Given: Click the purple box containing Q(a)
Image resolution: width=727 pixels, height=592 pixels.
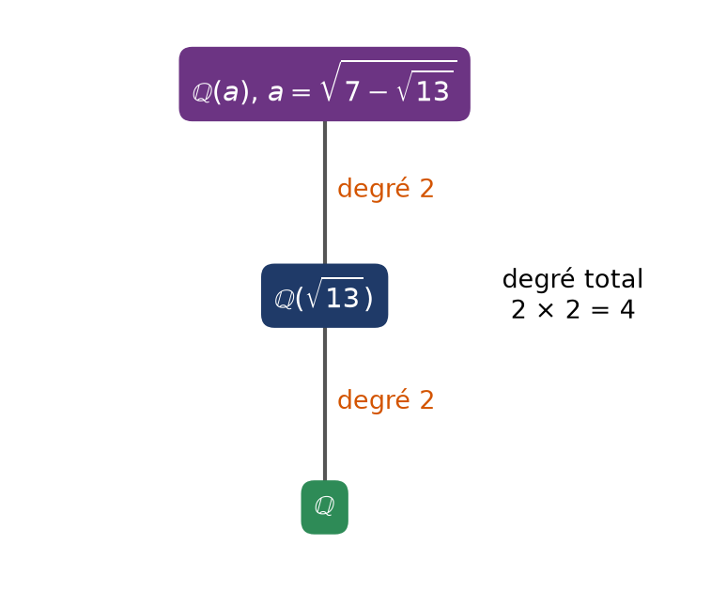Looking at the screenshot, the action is click(x=325, y=84).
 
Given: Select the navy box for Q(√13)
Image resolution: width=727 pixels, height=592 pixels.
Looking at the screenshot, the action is click(x=325, y=296).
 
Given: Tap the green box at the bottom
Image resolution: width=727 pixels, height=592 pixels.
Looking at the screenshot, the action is click(x=325, y=507).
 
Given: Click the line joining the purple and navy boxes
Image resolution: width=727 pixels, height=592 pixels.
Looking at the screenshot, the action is click(x=325, y=193).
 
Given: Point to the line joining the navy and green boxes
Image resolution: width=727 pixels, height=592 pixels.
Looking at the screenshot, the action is click(x=325, y=404).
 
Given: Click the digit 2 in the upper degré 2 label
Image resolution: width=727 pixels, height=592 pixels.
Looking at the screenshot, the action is click(x=426, y=189).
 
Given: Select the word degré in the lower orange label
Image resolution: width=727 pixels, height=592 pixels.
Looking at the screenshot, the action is click(x=374, y=400).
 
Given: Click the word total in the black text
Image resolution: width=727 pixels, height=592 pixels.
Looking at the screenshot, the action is click(x=613, y=279).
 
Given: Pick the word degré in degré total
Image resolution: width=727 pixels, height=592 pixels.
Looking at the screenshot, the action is click(x=539, y=280).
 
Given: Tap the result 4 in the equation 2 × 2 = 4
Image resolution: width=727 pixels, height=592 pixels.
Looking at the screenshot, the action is click(x=627, y=310).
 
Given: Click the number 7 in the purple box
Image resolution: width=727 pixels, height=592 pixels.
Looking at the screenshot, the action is click(x=352, y=91).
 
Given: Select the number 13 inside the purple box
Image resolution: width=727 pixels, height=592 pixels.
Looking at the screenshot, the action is click(x=433, y=91).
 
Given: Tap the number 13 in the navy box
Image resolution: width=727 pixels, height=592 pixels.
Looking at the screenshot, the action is click(x=343, y=298).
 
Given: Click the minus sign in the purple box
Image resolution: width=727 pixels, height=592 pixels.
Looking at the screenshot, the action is click(x=378, y=92).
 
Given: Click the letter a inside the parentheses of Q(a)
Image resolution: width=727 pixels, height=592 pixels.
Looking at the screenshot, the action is click(x=230, y=93).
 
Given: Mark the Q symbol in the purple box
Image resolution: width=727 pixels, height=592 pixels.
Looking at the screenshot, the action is click(x=203, y=93).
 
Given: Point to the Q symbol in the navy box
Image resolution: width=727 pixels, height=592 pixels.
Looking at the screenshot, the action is click(x=285, y=299).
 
